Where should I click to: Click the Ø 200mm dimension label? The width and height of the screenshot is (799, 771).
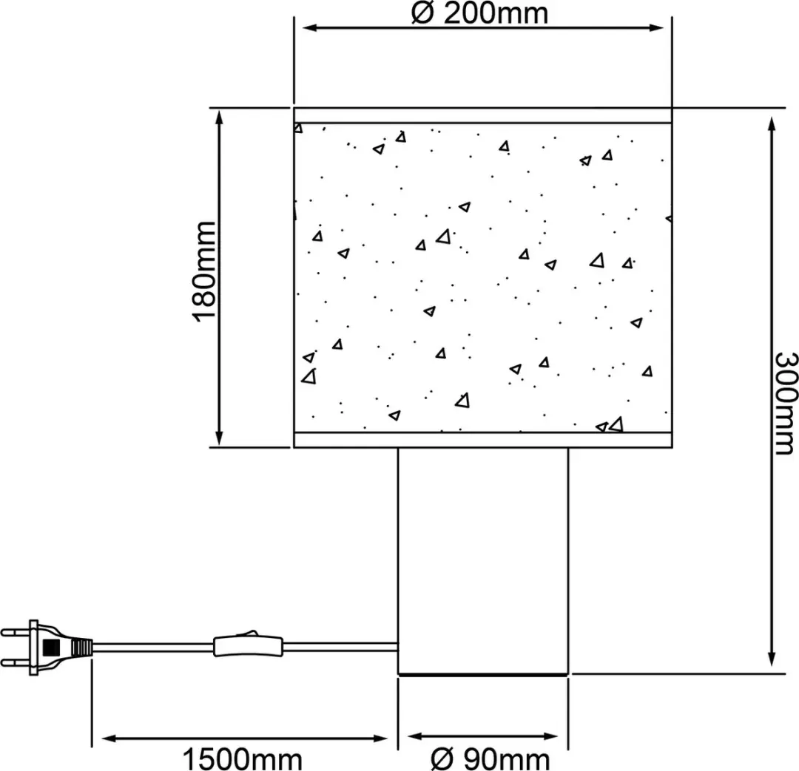point(479,13)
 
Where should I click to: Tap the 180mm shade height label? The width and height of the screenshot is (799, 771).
point(205,272)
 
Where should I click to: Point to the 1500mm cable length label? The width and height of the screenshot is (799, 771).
point(243,759)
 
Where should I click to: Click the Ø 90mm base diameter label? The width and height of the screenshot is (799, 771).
point(490,759)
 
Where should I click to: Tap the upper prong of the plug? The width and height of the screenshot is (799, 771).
point(16,633)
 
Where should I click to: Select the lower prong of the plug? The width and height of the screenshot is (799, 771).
point(16,662)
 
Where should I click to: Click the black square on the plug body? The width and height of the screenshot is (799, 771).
point(52,648)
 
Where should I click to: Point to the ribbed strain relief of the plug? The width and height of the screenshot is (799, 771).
point(83,648)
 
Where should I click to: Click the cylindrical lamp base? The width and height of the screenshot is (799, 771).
point(482,561)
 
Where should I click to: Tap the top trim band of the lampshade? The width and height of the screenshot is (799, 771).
point(482,115)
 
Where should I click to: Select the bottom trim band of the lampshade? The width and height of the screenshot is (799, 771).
point(482,440)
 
